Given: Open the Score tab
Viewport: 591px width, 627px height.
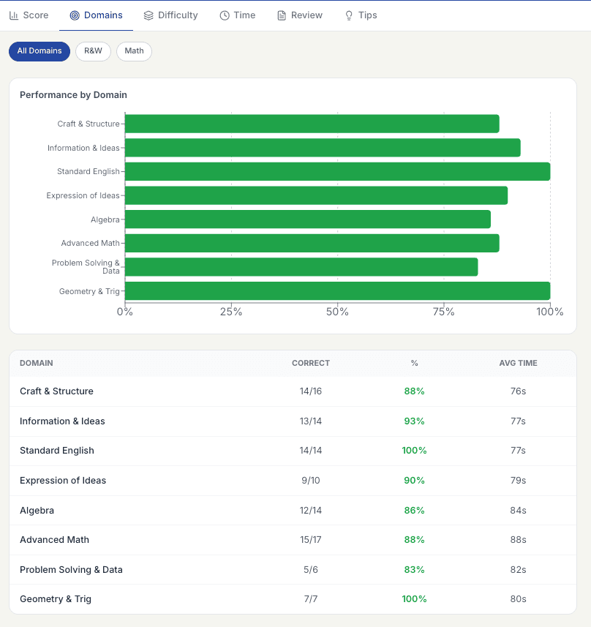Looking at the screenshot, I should pyautogui.click(x=29, y=15).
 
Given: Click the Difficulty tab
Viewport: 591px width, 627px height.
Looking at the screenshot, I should pyautogui.click(x=170, y=15).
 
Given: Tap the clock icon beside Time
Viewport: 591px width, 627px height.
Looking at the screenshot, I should pyautogui.click(x=225, y=15).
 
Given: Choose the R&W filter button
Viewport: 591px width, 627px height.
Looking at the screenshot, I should pyautogui.click(x=93, y=51).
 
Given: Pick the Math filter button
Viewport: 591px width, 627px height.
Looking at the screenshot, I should pyautogui.click(x=134, y=51).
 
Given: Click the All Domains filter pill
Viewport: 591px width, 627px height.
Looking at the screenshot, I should pyautogui.click(x=39, y=51).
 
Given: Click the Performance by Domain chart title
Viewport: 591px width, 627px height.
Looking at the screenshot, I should pyautogui.click(x=73, y=95).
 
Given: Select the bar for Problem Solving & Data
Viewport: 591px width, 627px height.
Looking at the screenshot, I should pyautogui.click(x=301, y=267).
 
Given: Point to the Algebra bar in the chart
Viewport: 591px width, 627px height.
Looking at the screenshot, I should pyautogui.click(x=308, y=219).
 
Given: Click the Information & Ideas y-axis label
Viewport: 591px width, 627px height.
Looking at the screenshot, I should pyautogui.click(x=83, y=148).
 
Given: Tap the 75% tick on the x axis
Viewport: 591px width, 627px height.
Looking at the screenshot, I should pyautogui.click(x=444, y=312).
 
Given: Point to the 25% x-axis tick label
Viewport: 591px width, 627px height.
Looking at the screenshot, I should pyautogui.click(x=231, y=312).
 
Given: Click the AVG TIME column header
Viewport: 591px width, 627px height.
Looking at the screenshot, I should pyautogui.click(x=518, y=363).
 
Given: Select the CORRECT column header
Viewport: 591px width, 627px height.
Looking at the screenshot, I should pyautogui.click(x=311, y=363).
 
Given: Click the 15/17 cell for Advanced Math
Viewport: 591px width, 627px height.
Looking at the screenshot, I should pyautogui.click(x=311, y=540).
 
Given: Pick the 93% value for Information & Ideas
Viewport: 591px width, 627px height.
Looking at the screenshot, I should pyautogui.click(x=414, y=421).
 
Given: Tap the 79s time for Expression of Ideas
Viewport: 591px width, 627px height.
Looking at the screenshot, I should pyautogui.click(x=518, y=481).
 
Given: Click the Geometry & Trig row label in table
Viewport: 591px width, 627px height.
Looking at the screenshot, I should pyautogui.click(x=56, y=599).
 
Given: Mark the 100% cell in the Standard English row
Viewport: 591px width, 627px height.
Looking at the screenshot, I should pyautogui.click(x=414, y=451).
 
